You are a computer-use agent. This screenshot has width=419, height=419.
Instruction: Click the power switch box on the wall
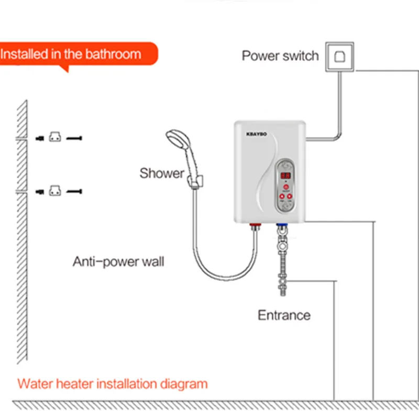click(338, 56)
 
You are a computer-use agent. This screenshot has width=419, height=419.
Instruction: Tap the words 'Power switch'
click(280, 56)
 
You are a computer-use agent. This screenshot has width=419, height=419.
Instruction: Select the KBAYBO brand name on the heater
click(256, 133)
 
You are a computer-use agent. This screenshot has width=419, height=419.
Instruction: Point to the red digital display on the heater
click(285, 176)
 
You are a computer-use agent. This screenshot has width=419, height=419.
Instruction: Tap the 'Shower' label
click(162, 173)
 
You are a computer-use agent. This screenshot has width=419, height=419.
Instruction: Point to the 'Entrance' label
click(284, 315)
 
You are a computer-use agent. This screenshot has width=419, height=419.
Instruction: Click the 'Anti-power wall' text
click(118, 261)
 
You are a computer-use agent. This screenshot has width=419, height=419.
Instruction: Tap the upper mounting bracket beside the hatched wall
click(55, 138)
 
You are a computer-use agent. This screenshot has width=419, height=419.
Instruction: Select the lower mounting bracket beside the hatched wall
click(55, 191)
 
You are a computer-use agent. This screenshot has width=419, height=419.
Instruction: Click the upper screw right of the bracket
click(75, 138)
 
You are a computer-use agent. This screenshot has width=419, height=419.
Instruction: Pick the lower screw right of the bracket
click(75, 192)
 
